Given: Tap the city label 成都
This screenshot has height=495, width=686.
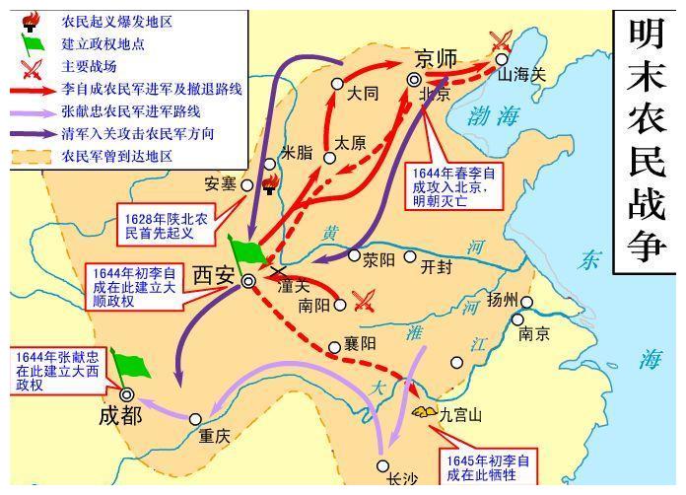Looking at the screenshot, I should [x=120, y=415].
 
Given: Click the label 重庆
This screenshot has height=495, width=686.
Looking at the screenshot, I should [x=214, y=436].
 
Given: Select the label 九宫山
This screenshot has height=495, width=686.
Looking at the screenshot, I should [x=460, y=415].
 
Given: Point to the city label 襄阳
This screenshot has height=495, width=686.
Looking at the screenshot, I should [x=360, y=345].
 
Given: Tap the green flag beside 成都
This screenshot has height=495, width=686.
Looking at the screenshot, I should [x=131, y=365].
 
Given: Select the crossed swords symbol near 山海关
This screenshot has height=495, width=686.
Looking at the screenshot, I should [x=501, y=41].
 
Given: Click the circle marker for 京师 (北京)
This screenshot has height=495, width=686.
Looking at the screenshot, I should [x=415, y=80].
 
